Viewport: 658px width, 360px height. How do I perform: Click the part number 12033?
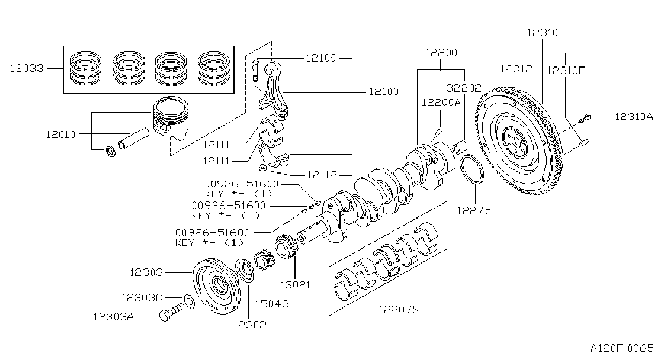27,68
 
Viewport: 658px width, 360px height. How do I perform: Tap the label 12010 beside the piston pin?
61,134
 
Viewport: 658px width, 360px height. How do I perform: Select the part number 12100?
384,92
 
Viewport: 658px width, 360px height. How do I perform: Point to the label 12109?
321,58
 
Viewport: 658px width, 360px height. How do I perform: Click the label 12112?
322,175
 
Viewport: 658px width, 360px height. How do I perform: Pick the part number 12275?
474,211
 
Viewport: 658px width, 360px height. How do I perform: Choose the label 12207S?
399,310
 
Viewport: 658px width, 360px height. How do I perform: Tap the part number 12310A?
634,117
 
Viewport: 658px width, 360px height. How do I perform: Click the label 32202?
464,88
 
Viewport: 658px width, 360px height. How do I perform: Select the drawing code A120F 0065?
622,349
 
